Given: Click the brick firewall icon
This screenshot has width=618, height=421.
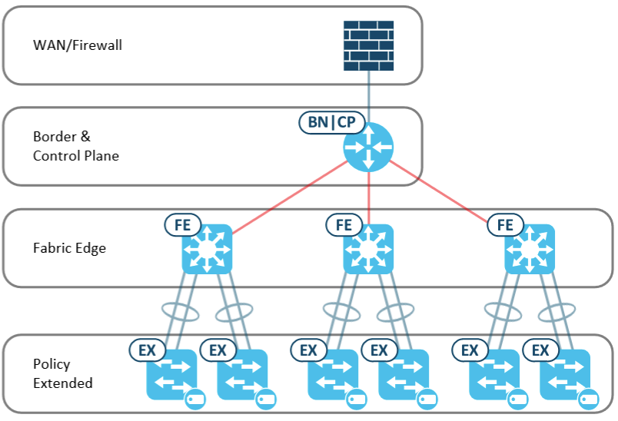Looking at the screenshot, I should click(x=368, y=45).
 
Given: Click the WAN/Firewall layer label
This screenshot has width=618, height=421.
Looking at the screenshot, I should click(x=78, y=45).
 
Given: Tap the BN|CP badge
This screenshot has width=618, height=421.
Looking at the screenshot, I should click(x=331, y=123).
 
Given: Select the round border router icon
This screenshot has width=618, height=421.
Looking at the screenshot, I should click(x=368, y=146).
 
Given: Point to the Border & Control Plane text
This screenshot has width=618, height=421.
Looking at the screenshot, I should click(x=76, y=146).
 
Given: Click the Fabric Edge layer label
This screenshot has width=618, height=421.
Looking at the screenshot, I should click(x=70, y=248).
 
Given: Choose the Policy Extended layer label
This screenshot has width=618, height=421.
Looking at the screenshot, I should click(x=63, y=373).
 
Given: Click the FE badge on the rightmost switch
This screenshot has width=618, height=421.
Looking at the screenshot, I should click(x=506, y=225).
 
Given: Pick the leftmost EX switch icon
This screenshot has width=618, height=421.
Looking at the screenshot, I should click(x=171, y=376).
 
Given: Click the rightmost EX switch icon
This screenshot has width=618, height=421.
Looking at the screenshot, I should click(x=565, y=376).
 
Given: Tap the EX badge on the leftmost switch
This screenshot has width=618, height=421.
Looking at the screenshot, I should click(x=147, y=350).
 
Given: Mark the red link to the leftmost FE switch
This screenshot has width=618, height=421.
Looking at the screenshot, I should click(x=288, y=197).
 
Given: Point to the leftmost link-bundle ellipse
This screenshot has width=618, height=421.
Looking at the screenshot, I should click(x=181, y=312).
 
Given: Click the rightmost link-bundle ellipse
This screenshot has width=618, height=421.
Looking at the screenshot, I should click(x=556, y=312).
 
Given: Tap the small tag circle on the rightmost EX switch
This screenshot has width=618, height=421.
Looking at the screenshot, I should click(x=588, y=399).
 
